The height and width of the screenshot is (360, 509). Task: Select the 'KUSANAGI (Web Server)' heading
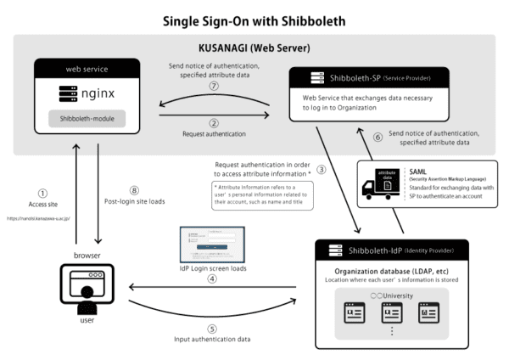tap(255, 46)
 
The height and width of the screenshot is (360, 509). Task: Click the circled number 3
tap(322, 170)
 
